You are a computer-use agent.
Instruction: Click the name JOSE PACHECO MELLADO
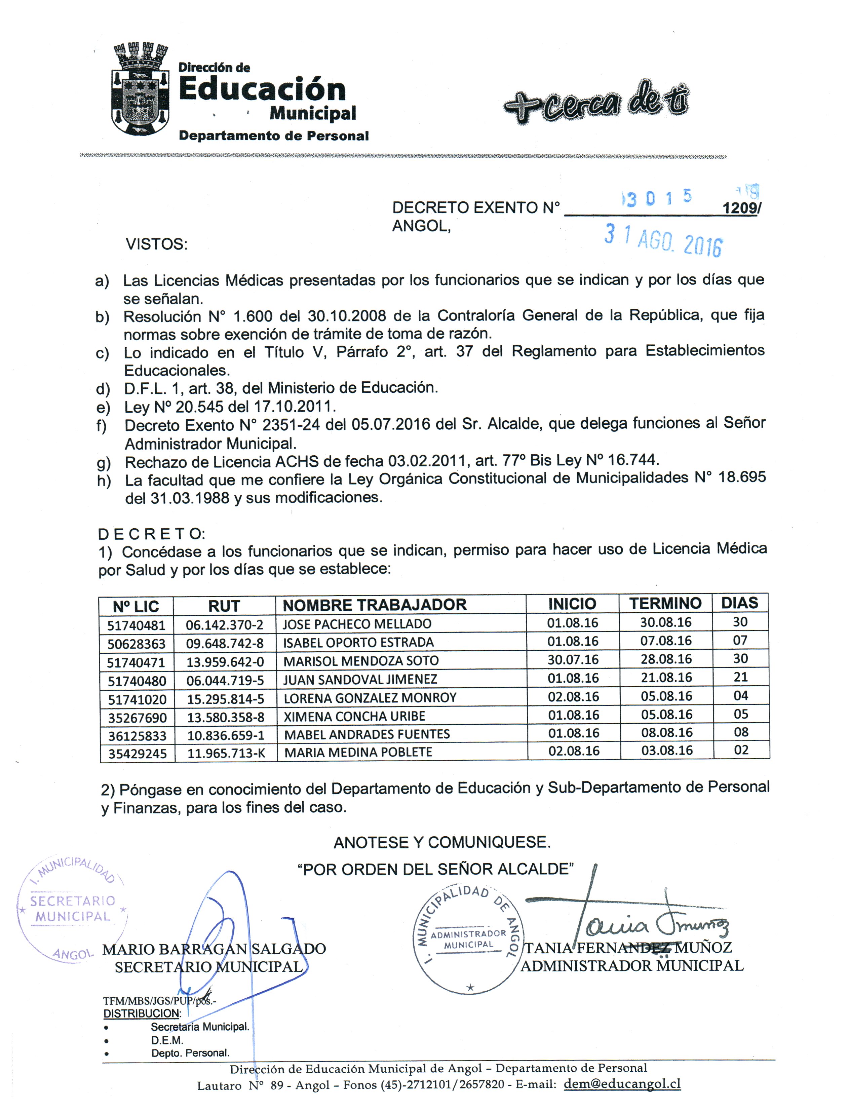356,624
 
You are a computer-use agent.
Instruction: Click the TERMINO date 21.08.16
666,678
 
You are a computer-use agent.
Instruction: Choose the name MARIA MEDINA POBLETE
358,752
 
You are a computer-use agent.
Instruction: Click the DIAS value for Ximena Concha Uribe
740,714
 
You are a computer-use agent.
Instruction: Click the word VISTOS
156,244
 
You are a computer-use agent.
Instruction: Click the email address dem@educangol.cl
622,1084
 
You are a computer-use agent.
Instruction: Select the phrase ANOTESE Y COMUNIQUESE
442,842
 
